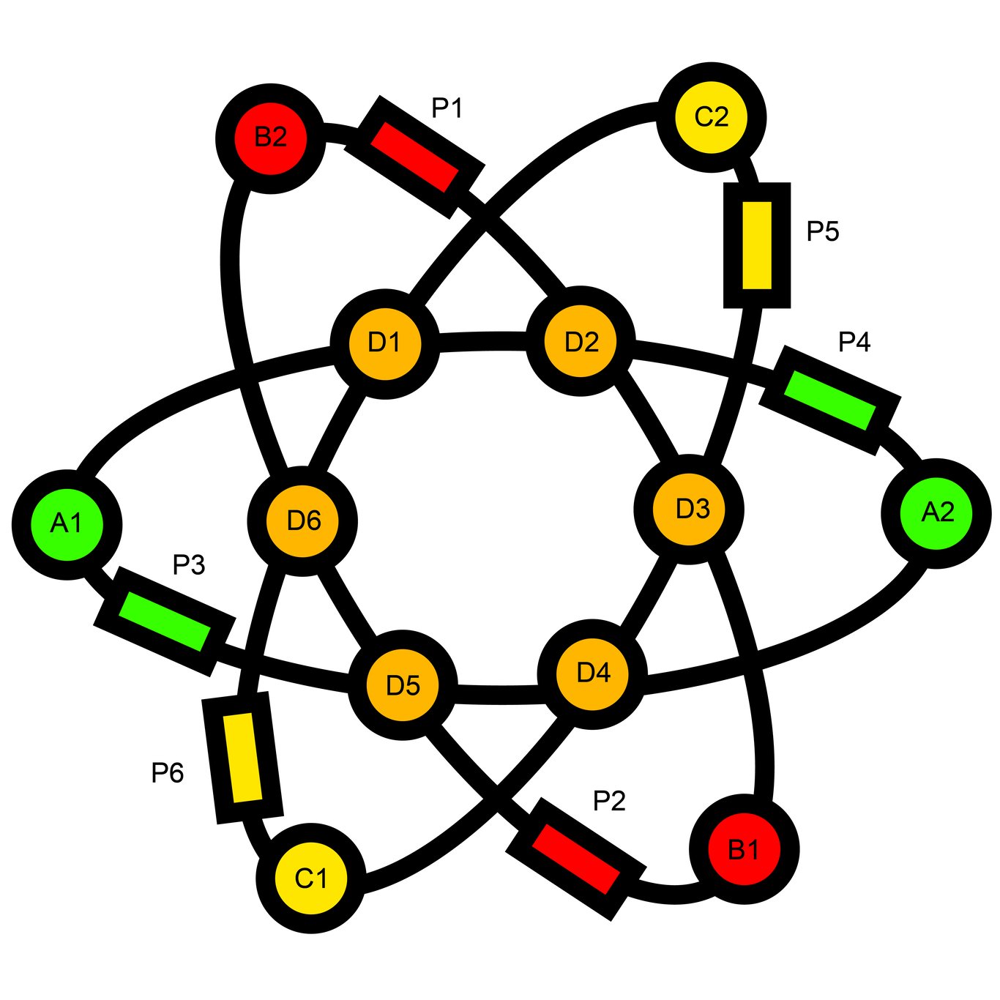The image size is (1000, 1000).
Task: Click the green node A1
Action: [67, 524]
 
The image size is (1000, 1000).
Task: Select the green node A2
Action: [936, 512]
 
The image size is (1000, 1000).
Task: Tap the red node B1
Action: [744, 849]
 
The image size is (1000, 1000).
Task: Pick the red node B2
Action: [271, 138]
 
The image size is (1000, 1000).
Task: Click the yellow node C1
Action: [311, 878]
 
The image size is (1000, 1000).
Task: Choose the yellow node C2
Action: [711, 117]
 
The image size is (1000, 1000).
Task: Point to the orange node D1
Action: [384, 343]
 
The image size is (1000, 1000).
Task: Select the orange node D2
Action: [581, 342]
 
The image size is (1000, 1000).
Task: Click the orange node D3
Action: [689, 509]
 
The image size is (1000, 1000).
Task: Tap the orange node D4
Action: [592, 673]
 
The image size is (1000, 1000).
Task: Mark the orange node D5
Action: [402, 686]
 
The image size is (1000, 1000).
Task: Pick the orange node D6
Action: [302, 521]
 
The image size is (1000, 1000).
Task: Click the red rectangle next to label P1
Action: [414, 157]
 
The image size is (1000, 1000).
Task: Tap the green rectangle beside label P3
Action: [165, 621]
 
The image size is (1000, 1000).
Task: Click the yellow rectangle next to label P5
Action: [757, 245]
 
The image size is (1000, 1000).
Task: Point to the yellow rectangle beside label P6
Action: [242, 757]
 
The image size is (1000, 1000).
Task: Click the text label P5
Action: [822, 231]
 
